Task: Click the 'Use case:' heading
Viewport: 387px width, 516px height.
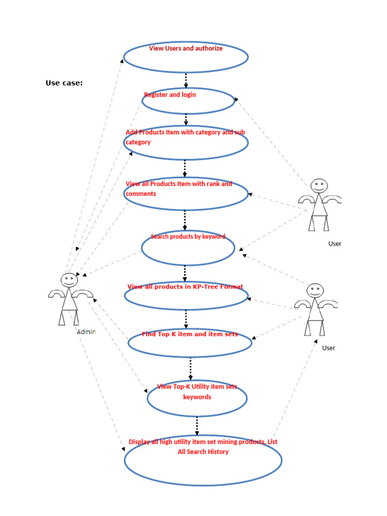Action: click(64, 83)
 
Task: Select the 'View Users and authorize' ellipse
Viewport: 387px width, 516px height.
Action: click(185, 57)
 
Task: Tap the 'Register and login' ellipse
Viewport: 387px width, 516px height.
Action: click(188, 101)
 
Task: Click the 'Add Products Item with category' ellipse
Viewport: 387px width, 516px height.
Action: click(185, 143)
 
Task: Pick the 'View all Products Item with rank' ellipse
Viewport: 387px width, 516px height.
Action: click(185, 193)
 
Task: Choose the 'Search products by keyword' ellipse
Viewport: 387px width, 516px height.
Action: click(188, 247)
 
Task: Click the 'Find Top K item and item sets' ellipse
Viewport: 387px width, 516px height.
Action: click(189, 343)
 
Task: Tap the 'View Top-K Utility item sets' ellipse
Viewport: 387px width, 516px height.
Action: click(197, 398)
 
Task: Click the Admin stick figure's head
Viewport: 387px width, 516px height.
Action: click(69, 280)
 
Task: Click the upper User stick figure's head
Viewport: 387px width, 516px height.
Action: click(318, 186)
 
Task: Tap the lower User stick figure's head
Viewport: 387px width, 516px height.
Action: click(315, 290)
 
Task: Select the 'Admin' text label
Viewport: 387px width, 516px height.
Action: click(86, 332)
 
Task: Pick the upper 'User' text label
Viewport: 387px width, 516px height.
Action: click(335, 244)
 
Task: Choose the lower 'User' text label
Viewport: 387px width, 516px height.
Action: click(329, 348)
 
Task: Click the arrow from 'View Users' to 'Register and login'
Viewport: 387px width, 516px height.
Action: click(186, 81)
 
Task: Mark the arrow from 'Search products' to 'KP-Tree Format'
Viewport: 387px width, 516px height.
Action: click(185, 274)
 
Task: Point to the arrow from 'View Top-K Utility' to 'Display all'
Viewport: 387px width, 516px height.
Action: click(197, 426)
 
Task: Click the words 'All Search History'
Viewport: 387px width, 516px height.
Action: click(203, 452)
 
